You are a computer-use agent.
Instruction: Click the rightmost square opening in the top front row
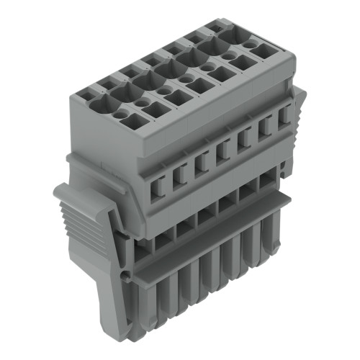(264, 50)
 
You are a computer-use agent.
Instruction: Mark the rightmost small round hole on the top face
(249, 44)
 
